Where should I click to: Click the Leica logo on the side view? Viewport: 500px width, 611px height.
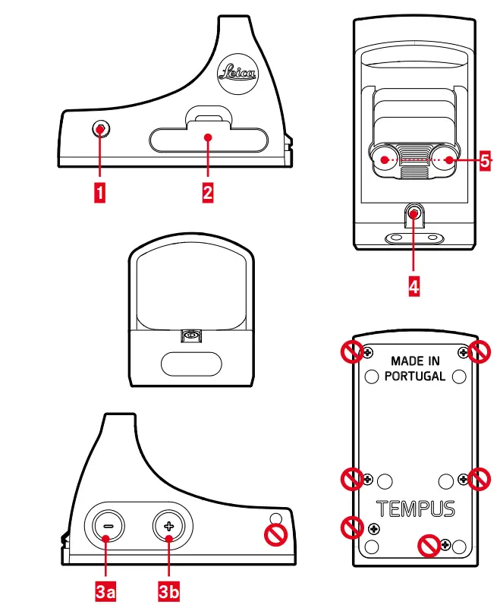coord(237,73)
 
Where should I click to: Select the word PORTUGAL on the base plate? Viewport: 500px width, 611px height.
coord(415,376)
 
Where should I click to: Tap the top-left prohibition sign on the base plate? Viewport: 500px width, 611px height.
coord(351,351)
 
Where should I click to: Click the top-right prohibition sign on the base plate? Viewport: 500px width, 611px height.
coord(480,351)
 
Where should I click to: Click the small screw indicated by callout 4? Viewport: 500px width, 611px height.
coord(414,214)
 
